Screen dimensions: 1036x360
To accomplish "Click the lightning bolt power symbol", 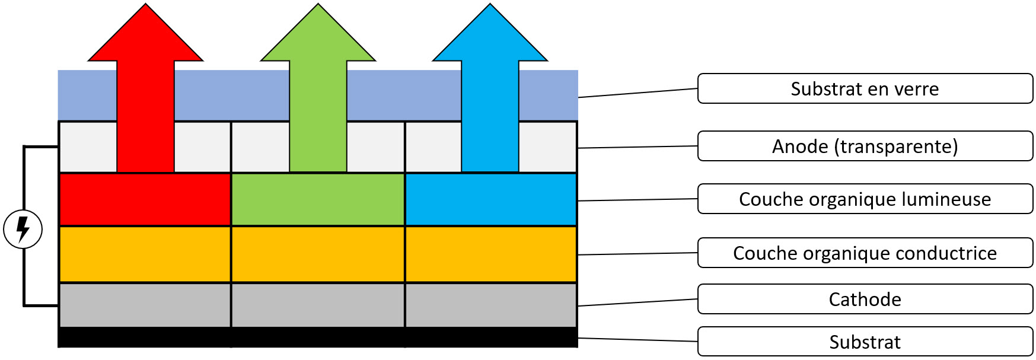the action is click(23, 229).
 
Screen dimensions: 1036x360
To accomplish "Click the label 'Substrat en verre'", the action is click(865, 88).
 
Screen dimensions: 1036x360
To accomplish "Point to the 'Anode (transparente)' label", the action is click(865, 146).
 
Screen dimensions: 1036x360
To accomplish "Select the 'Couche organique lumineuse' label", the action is click(865, 199).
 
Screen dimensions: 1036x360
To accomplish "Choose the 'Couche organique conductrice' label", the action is click(865, 253).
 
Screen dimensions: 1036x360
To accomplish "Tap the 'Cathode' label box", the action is click(865, 299).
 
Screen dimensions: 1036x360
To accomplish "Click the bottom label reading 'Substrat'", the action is click(865, 342).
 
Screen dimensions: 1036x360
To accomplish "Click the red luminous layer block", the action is click(145, 199).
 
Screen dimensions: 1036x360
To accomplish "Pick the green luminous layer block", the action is click(318, 199).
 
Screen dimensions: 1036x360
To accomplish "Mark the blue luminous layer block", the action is click(491, 199).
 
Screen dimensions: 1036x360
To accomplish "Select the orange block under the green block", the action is click(318, 254).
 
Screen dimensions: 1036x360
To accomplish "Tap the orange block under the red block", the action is click(145, 254).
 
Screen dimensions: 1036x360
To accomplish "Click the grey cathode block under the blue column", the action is click(491, 305).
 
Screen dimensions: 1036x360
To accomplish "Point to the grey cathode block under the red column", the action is click(145, 305).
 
